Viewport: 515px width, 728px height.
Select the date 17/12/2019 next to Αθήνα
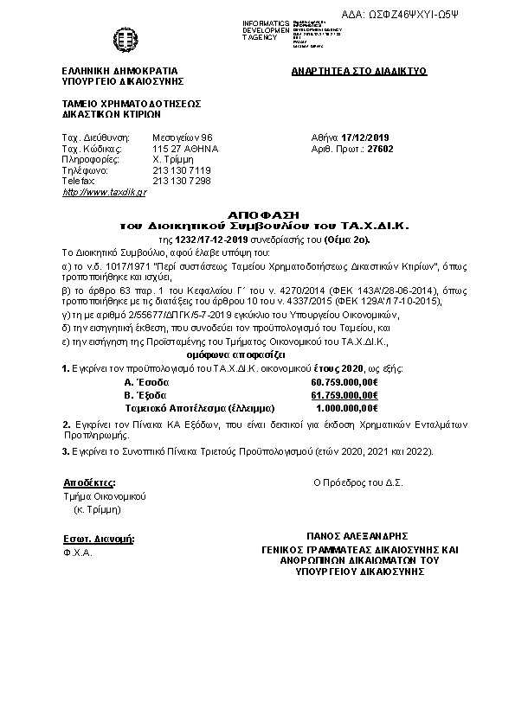[366, 137]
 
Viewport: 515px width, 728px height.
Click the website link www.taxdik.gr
[93, 191]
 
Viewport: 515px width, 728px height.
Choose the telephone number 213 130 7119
[181, 170]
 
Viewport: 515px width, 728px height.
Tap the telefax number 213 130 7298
[181, 181]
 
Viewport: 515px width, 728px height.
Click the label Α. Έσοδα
[146, 381]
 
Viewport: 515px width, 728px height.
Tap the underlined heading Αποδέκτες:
[89, 482]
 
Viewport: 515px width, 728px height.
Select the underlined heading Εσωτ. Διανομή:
[100, 539]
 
